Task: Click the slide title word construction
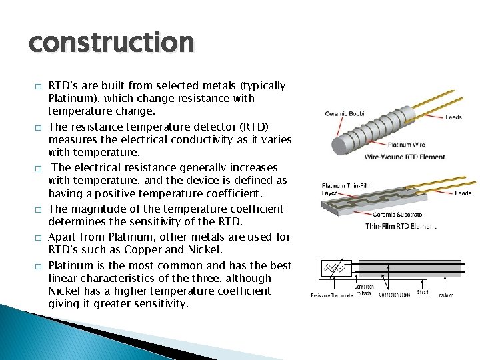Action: (111, 43)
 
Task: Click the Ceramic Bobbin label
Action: (346, 113)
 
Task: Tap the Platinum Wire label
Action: (407, 144)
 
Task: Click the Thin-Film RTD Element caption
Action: (401, 226)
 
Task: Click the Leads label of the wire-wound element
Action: (453, 117)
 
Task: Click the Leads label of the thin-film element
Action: (463, 193)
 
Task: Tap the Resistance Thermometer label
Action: (331, 295)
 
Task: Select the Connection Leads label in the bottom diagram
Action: (394, 295)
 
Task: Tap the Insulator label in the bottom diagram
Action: (445, 295)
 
